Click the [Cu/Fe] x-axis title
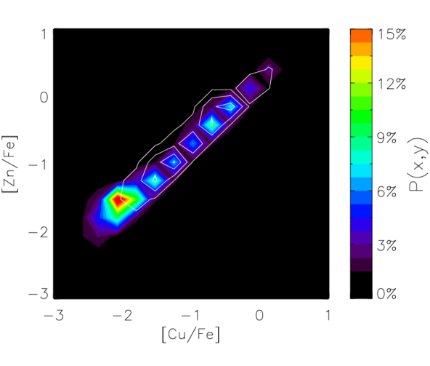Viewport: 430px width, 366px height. pos(191,335)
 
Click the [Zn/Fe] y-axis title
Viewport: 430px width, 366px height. pos(9,164)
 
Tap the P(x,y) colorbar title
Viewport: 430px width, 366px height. pos(418,164)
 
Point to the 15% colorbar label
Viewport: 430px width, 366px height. pos(392,35)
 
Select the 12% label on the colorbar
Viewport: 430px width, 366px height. pos(392,84)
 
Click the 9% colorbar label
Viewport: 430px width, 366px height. pos(386,138)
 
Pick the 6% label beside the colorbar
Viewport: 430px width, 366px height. pos(386,191)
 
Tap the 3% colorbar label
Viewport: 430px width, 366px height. pos(386,245)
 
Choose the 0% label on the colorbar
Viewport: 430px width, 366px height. pos(386,294)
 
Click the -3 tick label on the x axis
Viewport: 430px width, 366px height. pos(54,316)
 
